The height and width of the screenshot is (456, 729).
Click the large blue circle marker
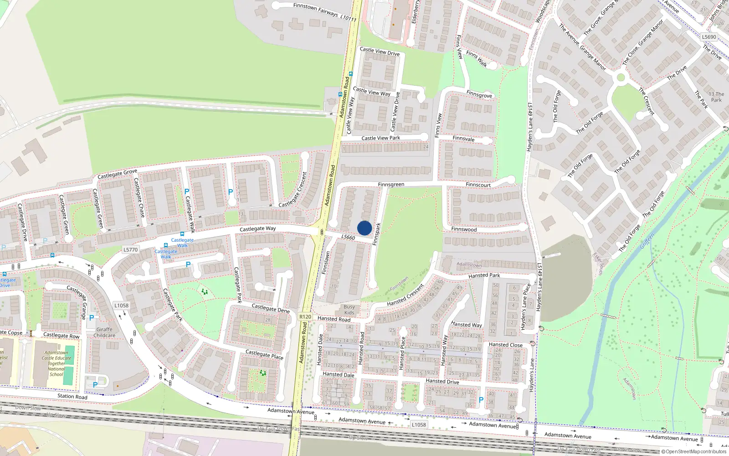pos(364,228)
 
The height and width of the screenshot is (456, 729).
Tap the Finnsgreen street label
pos(391,185)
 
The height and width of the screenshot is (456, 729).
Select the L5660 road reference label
pos(348,237)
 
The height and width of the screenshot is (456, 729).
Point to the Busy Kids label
pos(349,310)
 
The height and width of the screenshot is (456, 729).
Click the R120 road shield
pos(305,316)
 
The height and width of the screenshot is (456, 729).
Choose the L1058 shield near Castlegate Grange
pos(121,306)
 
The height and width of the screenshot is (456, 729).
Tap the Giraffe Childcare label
pos(104,332)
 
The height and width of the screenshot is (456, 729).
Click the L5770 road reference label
pos(130,249)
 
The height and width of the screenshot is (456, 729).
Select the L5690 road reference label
pos(709,37)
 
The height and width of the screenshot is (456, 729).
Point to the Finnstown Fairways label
pos(315,9)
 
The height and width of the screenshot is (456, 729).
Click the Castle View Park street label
pos(380,138)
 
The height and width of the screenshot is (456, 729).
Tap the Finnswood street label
pos(464,229)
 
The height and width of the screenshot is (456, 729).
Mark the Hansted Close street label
pos(505,345)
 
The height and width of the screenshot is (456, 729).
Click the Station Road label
pos(72,396)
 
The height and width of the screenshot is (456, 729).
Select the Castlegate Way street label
pos(257,228)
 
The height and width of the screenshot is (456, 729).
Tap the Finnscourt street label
pos(478,185)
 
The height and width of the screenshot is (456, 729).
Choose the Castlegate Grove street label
pos(117,174)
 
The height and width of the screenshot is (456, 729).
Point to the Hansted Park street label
pos(484,275)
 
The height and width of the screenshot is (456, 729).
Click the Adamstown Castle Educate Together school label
pos(56,363)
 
